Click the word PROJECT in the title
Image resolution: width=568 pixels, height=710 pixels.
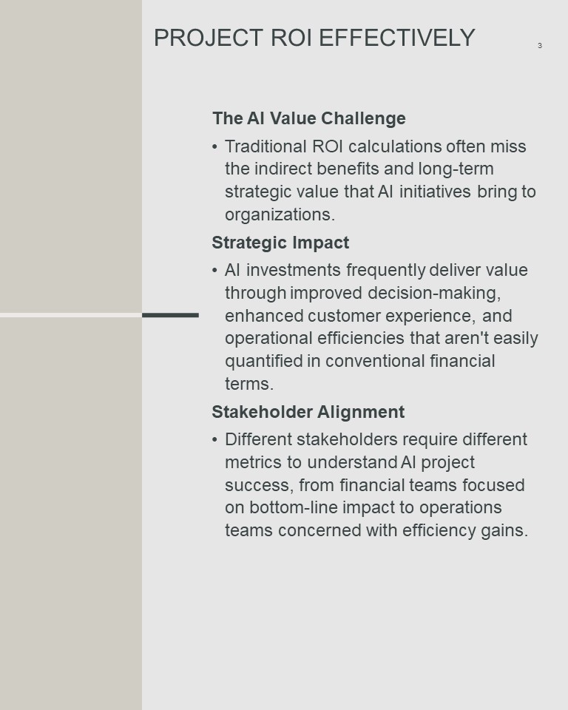(209, 38)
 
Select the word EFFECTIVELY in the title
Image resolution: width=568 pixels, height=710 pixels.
(396, 38)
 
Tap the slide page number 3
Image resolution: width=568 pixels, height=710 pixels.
(539, 45)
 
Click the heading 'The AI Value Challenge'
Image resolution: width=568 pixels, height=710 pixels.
(309, 118)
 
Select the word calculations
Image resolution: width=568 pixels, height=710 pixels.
(395, 146)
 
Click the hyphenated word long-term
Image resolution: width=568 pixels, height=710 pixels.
(456, 169)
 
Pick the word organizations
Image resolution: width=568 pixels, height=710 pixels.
(280, 214)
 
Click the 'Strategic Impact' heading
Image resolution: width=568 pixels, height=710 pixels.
(280, 243)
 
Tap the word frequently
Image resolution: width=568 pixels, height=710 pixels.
(386, 271)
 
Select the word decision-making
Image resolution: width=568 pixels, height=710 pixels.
(434, 293)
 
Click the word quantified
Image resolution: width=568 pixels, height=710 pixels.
(263, 362)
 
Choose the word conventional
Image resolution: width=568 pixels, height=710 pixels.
(375, 362)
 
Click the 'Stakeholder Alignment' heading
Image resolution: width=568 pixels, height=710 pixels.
(308, 412)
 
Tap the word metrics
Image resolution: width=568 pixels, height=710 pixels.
(253, 462)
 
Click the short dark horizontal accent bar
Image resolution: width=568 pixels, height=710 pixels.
(170, 315)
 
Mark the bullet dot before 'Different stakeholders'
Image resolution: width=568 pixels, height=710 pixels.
(214, 439)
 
